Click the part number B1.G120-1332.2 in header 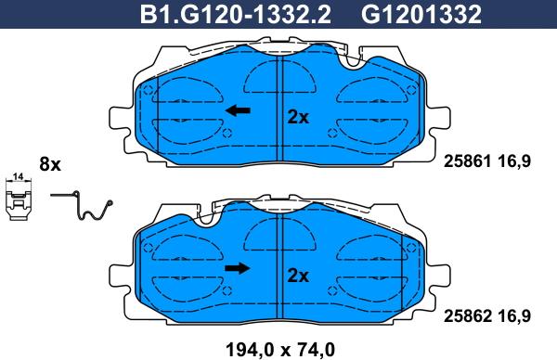coord(236,15)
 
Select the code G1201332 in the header coord(421,15)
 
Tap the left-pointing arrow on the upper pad coord(238,110)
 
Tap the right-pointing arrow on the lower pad coord(238,268)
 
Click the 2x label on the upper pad coord(298,117)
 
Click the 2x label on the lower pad coord(298,276)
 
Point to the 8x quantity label coord(50,164)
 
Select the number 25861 coord(468,161)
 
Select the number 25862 coord(468,315)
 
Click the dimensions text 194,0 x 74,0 coord(280,350)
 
